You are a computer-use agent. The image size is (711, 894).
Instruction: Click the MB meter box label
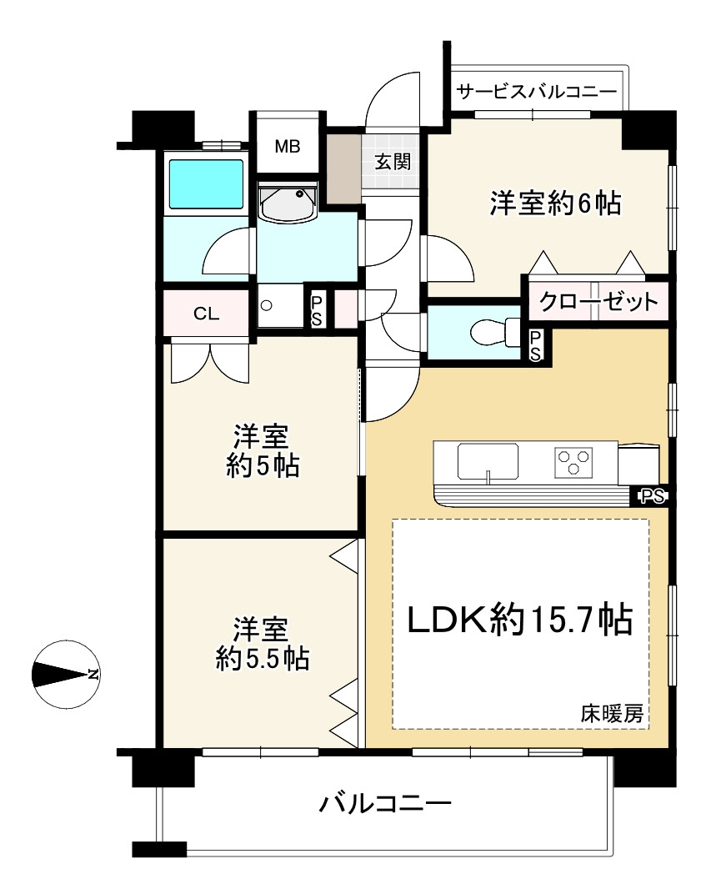point(287,147)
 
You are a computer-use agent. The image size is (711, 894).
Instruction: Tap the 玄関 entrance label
point(393,162)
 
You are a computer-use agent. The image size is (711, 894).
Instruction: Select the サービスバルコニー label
point(537,91)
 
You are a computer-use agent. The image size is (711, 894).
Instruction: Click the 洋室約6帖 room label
point(555,203)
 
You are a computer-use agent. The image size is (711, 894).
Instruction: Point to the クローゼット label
point(598,301)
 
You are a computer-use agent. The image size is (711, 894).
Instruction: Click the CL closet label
point(206,314)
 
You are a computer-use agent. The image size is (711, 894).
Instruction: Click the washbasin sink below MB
point(288,203)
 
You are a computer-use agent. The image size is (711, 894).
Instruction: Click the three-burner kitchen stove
point(573,462)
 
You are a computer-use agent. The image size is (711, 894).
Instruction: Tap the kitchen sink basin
point(488,462)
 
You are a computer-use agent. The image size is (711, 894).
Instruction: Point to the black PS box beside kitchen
point(653,496)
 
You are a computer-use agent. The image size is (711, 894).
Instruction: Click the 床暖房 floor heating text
point(612,713)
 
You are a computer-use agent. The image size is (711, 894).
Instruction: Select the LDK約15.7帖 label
point(519,620)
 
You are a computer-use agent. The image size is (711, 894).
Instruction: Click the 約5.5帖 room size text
point(263,660)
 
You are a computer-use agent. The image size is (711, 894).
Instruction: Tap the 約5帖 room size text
point(263,466)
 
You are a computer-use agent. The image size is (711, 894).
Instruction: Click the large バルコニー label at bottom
point(385,804)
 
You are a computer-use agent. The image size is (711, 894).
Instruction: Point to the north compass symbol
point(66,675)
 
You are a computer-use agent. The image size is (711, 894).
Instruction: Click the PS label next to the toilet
point(535,346)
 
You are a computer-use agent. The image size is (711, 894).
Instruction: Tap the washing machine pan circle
point(266,306)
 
